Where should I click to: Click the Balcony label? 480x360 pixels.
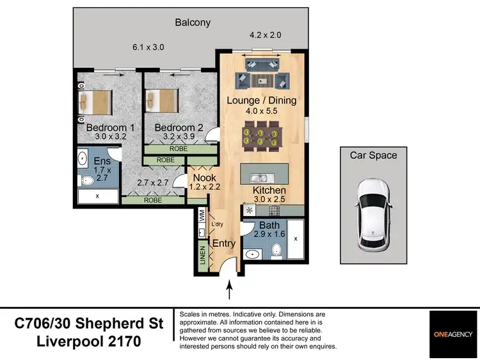click(x=193, y=23)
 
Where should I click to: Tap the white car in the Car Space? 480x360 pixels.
click(x=372, y=214)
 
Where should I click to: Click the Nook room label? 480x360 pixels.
click(x=204, y=178)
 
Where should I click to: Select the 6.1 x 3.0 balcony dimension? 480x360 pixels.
click(x=148, y=47)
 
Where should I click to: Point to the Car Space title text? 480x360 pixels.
click(x=373, y=155)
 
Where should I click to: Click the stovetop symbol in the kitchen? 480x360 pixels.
click(x=249, y=210)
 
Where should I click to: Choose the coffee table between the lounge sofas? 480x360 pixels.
click(x=262, y=81)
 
